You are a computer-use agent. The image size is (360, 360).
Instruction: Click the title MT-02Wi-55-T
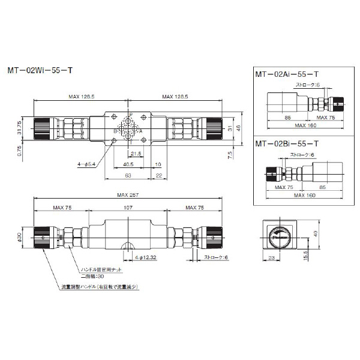pyautogui.click(x=40, y=70)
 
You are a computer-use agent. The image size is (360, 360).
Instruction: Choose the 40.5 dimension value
pyautogui.click(x=128, y=163)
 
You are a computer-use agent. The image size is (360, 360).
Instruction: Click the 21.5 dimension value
pyautogui.click(x=136, y=154)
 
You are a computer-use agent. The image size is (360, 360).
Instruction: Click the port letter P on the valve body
pyautogui.click(x=131, y=114)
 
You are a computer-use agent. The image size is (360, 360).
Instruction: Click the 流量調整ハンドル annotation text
pyautogui.click(x=100, y=287)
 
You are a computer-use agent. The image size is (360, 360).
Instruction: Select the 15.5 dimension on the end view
pyautogui.click(x=306, y=254)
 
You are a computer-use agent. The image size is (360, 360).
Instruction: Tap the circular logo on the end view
pyautogui.click(x=280, y=236)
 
